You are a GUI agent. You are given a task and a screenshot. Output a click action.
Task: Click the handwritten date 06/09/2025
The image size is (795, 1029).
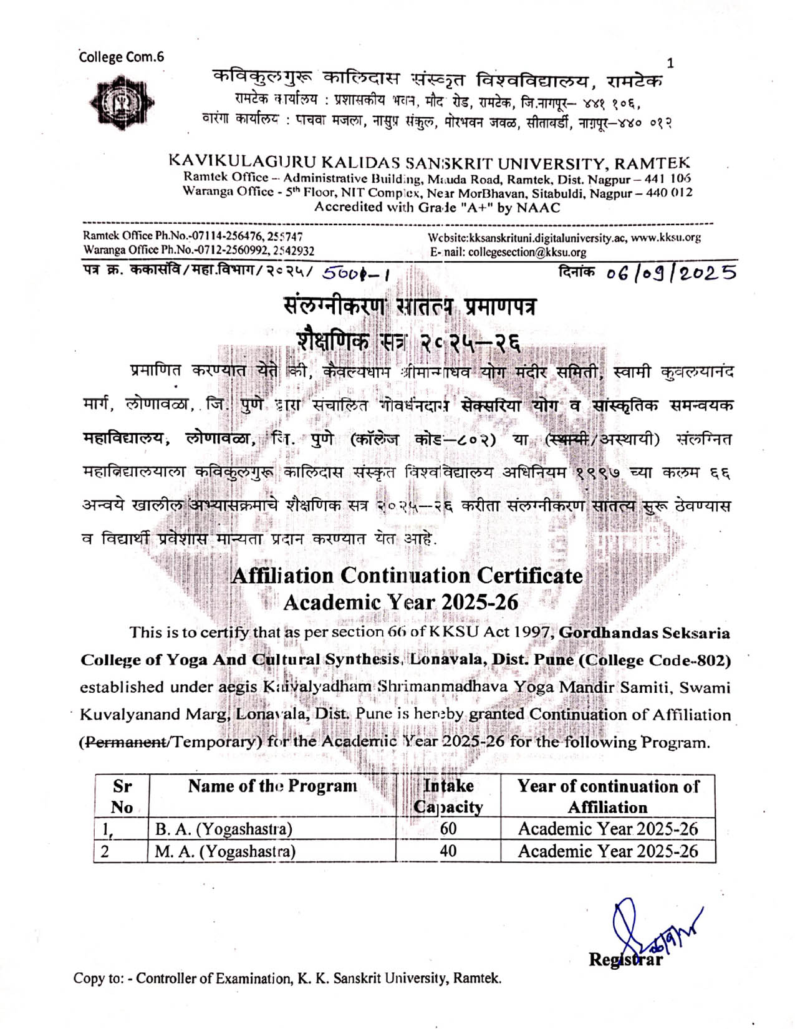[671, 273]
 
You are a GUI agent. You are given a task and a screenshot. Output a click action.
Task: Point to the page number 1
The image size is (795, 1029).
[670, 62]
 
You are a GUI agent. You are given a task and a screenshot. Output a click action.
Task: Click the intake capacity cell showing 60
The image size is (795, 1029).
[448, 829]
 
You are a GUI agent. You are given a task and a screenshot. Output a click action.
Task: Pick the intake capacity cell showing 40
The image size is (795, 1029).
[448, 851]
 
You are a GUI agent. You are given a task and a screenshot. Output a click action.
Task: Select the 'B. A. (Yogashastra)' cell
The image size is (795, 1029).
[224, 829]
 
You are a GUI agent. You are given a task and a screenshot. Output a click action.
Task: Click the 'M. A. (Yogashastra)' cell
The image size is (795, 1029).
[225, 851]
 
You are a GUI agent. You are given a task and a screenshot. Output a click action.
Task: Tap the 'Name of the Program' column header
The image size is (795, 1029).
[272, 786]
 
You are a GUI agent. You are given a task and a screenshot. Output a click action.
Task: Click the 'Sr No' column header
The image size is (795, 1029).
[122, 796]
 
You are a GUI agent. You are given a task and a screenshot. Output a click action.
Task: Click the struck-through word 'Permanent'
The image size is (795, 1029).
[125, 742]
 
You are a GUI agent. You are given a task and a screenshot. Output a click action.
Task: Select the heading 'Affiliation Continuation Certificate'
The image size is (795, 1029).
[407, 575]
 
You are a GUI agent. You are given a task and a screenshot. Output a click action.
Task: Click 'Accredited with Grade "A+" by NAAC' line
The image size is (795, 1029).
[437, 208]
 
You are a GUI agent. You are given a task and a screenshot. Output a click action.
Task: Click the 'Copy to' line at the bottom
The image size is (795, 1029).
[287, 978]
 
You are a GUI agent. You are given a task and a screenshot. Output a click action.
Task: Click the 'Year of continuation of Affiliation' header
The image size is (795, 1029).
[607, 796]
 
